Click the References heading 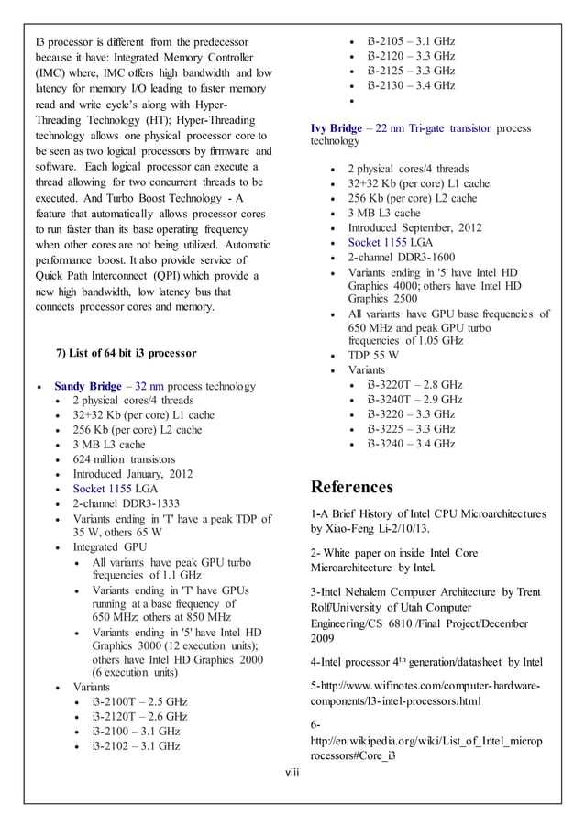click(352, 486)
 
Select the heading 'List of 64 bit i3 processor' click(127, 353)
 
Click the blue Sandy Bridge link click(94, 386)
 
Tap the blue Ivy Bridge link click(336, 128)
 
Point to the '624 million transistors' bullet click(124, 459)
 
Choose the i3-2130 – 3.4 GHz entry click(411, 85)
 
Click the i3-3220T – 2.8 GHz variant click(414, 385)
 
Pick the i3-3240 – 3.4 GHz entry click(411, 444)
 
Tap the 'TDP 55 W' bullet click(372, 356)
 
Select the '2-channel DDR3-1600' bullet click(401, 257)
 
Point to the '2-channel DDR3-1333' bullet click(126, 503)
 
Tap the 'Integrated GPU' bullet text click(109, 547)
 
